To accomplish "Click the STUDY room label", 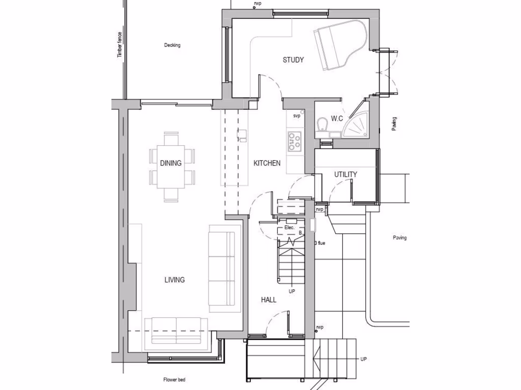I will point(293,60).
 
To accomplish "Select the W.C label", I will point(337,119).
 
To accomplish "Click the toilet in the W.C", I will point(322,125).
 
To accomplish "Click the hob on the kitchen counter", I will point(295,142).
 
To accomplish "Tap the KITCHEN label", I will point(267,163).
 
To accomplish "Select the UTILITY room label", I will point(345,175).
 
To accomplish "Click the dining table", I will point(172,166).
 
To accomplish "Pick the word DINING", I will point(171,163).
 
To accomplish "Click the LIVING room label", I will point(175,280).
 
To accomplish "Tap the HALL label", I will point(269,300).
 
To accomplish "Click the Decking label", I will point(172,45).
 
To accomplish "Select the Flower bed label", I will point(174,380).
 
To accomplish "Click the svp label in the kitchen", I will point(297,116).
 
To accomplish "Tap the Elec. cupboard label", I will point(290,227).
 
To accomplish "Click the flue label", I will point(321,243).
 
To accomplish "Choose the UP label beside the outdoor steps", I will point(363,359).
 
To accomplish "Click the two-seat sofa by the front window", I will point(176,331).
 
